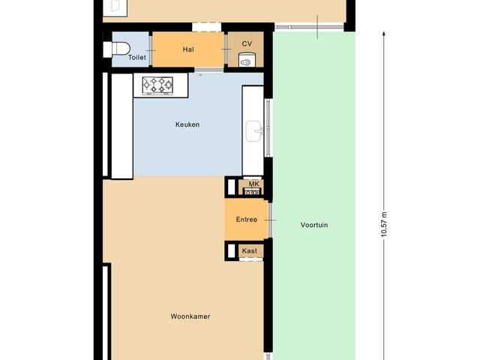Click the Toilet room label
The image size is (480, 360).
(x=137, y=56)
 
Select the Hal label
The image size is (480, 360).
(x=188, y=49)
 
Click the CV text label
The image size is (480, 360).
(x=247, y=44)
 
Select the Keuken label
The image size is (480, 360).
(x=188, y=125)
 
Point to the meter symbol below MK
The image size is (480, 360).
(x=253, y=192)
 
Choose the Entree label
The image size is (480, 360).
(x=247, y=220)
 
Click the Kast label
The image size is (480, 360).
(x=249, y=251)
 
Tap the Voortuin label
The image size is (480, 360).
(x=314, y=225)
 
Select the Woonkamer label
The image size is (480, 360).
(x=190, y=316)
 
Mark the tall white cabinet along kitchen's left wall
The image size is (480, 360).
(x=121, y=126)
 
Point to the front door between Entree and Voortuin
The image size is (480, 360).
(x=268, y=220)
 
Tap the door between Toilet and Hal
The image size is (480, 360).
(x=152, y=50)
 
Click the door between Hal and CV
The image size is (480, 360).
(x=227, y=50)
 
